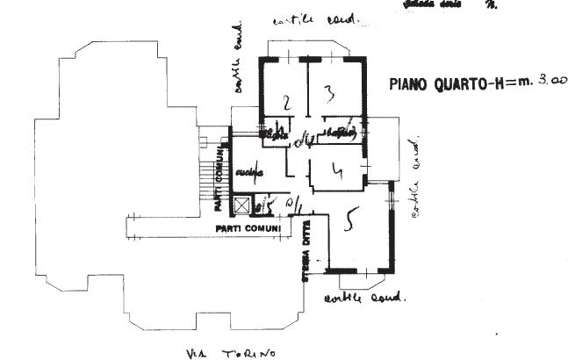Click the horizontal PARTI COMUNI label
tap(248, 229)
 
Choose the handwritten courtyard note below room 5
tap(363, 297)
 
